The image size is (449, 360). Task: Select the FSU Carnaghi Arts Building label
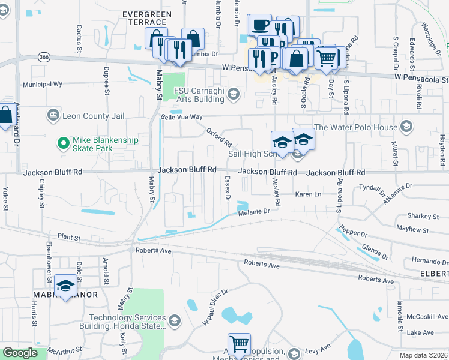tap(200, 94)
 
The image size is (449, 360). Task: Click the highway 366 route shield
tap(42, 57)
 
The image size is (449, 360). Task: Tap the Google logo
tap(20, 353)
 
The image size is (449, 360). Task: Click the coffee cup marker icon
tap(259, 25)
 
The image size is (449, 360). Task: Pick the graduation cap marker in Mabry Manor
tap(65, 285)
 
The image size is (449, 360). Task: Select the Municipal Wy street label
tap(43, 85)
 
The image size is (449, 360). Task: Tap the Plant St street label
tap(69, 238)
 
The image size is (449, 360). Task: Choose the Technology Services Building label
tap(127, 322)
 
